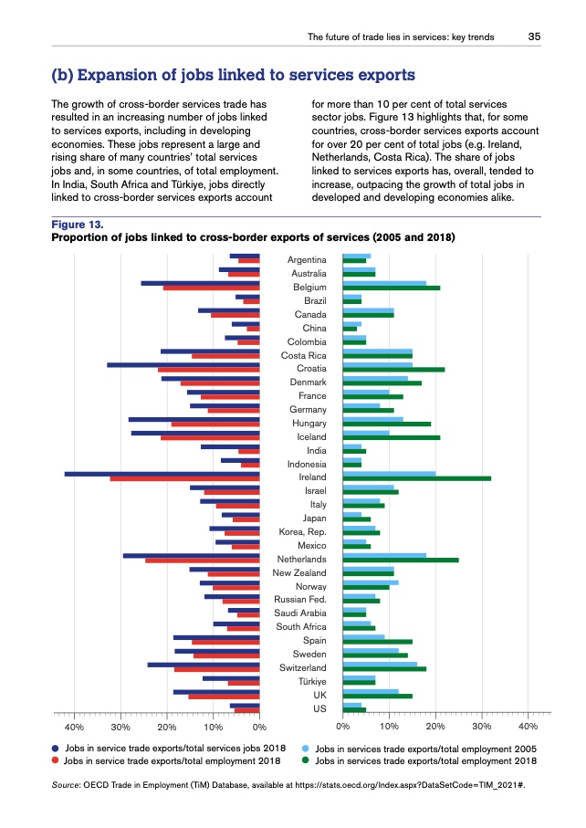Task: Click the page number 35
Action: [534, 37]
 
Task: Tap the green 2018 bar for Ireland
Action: [416, 478]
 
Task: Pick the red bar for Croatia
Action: [209, 370]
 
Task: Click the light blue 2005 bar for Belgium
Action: [384, 283]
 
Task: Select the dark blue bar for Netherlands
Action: [192, 554]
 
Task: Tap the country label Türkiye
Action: [312, 681]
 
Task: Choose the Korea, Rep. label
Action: [302, 530]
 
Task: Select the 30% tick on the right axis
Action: [481, 727]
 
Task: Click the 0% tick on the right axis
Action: [343, 727]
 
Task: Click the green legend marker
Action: [307, 760]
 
